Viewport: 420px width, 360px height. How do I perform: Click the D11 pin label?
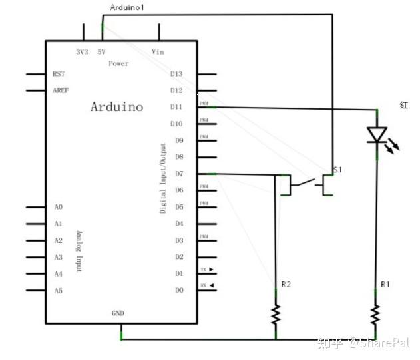click(x=176, y=107)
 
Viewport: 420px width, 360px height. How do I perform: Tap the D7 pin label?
click(x=178, y=174)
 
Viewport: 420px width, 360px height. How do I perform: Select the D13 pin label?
click(x=176, y=74)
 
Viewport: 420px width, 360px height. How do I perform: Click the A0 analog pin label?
click(x=59, y=208)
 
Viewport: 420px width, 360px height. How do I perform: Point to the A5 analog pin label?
click(x=59, y=291)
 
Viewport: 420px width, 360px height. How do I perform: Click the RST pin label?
click(x=59, y=74)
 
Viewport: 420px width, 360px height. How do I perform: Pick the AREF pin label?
click(x=60, y=90)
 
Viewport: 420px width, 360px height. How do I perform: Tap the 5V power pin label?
click(x=101, y=51)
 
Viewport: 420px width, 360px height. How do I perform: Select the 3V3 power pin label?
click(x=83, y=51)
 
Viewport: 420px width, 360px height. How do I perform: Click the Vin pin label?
click(x=158, y=51)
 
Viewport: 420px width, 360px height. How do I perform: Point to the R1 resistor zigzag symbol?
click(x=377, y=313)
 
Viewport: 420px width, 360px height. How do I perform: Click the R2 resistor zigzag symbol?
click(x=275, y=313)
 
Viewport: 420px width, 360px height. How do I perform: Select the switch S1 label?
click(x=337, y=170)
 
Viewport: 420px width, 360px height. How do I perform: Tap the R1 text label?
click(x=385, y=285)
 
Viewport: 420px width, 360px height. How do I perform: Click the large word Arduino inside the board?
click(x=116, y=106)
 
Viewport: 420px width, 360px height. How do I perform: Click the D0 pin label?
click(x=178, y=290)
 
